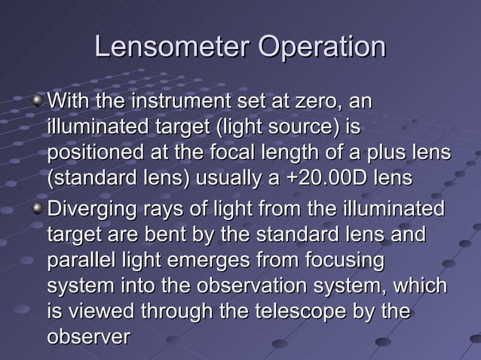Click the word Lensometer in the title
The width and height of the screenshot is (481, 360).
click(172, 48)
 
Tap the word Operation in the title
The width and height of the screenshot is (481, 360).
click(321, 48)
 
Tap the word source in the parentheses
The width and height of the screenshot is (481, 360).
click(295, 127)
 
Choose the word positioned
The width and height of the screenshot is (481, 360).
click(95, 154)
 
